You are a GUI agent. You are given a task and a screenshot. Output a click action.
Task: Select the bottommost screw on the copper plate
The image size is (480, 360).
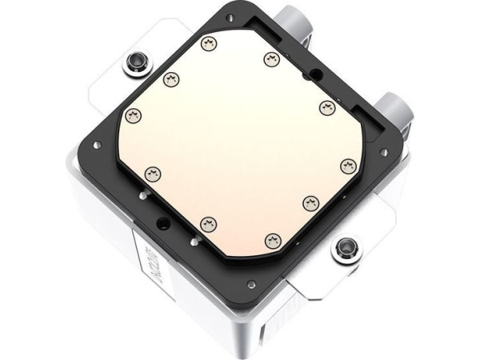pyautogui.click(x=272, y=238)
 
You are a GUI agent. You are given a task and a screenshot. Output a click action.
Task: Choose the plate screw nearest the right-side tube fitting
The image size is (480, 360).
pyautogui.click(x=326, y=106)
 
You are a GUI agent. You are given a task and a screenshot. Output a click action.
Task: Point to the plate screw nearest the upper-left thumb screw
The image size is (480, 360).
pyautogui.click(x=170, y=78)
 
